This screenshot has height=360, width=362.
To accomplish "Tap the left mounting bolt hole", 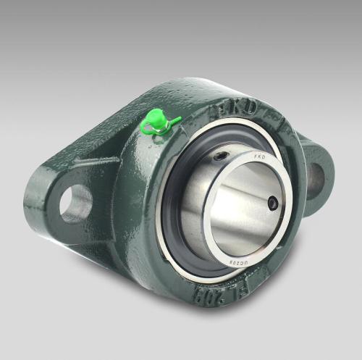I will (x=75, y=204).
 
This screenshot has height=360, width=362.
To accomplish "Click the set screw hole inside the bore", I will (x=272, y=204).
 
